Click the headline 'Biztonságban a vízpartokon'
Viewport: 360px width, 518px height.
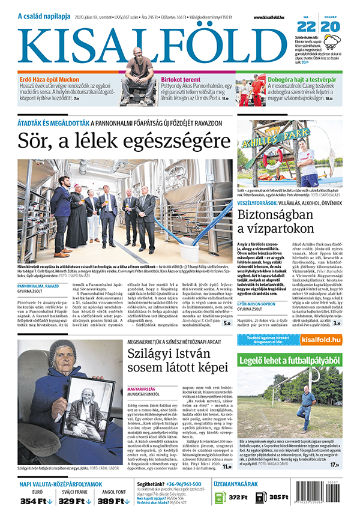tap(275, 220)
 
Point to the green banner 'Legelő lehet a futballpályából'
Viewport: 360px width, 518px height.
tap(290, 361)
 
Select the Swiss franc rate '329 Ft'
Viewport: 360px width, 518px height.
tap(74, 501)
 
